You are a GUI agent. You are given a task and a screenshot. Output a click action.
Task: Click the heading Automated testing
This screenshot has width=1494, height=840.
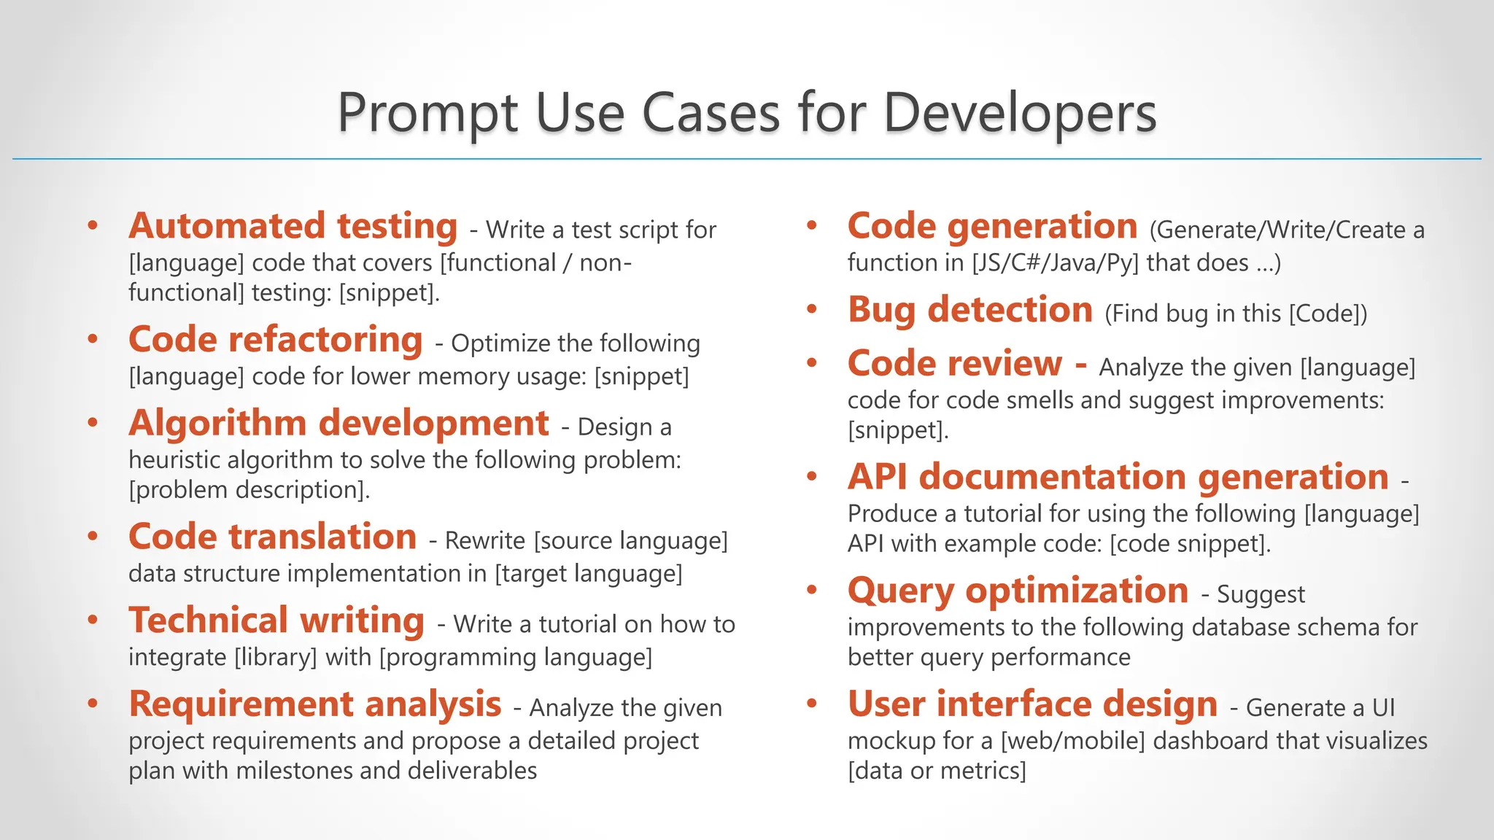(293, 226)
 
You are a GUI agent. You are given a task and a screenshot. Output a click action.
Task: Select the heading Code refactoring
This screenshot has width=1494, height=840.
(275, 340)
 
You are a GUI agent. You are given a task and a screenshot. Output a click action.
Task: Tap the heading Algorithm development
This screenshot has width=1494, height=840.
(338, 424)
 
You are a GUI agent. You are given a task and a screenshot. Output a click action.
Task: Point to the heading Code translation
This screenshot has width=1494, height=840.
(272, 537)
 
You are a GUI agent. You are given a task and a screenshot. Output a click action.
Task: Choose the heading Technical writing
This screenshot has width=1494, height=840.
(276, 621)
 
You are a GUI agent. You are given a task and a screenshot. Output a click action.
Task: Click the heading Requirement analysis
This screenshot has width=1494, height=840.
(314, 704)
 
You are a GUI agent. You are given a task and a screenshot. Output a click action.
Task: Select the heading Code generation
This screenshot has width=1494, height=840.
(992, 226)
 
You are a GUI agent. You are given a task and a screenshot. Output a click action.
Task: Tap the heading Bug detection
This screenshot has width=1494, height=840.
(969, 310)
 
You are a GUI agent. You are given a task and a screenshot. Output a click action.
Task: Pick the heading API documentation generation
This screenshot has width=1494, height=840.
(1118, 477)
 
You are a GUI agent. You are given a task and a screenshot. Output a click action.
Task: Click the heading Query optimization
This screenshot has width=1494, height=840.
(1018, 591)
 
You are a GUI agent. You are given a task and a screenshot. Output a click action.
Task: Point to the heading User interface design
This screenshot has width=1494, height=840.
(1032, 704)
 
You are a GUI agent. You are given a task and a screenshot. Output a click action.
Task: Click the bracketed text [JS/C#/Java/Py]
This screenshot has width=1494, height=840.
(1055, 262)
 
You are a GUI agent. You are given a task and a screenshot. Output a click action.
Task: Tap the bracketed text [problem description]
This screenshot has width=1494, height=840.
(249, 489)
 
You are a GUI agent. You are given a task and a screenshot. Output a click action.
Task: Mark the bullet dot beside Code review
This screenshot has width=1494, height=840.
(812, 363)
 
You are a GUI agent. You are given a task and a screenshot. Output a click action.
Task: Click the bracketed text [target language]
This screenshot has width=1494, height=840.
(588, 574)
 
